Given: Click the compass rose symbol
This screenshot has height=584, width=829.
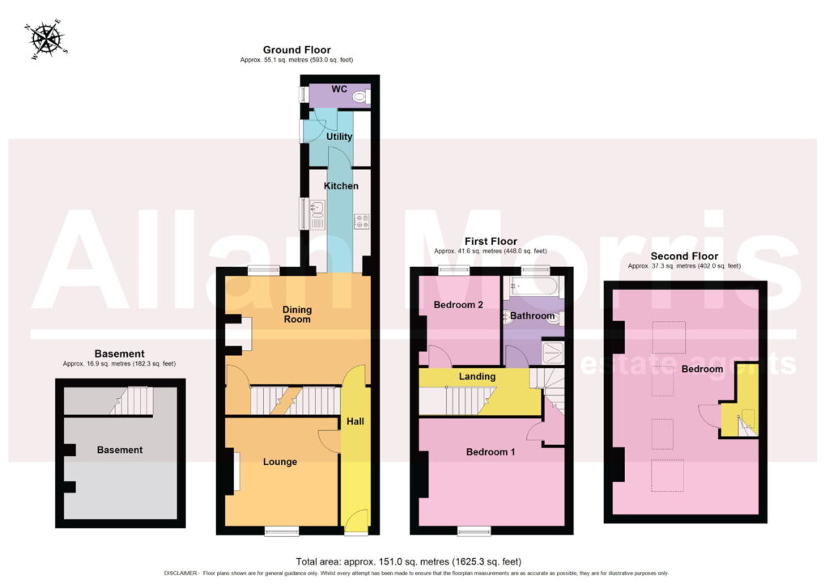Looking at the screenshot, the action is click(x=47, y=40).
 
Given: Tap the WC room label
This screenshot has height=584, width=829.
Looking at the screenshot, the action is click(x=339, y=89).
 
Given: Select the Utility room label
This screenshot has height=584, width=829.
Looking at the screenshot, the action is click(x=339, y=136).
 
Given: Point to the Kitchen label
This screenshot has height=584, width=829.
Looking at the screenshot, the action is click(x=341, y=186).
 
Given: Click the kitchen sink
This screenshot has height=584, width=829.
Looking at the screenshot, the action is click(x=317, y=209).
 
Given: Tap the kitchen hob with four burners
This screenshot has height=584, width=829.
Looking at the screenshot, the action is click(x=362, y=222).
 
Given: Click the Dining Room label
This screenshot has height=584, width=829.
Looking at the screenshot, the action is click(x=297, y=314).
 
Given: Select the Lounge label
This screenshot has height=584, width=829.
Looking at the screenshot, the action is click(x=279, y=462).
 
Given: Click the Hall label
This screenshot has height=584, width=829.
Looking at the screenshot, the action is click(x=355, y=421).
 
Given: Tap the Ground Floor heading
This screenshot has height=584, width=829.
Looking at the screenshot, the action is click(x=296, y=49).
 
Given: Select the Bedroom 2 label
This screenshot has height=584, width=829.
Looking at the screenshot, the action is click(x=458, y=305).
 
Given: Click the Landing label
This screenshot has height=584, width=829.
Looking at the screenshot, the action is click(x=477, y=376).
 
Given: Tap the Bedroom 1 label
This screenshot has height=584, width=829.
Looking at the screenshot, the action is click(x=490, y=452).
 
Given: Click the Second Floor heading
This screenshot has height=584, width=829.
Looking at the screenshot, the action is click(x=684, y=256).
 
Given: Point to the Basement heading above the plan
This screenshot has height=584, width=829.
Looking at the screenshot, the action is click(x=120, y=353).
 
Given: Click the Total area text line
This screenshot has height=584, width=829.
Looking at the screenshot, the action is click(x=408, y=561).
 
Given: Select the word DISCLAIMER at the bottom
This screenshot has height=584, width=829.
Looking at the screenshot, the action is click(x=181, y=573).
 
